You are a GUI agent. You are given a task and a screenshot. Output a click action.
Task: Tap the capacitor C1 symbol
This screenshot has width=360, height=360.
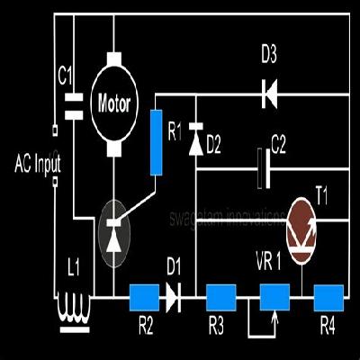73,104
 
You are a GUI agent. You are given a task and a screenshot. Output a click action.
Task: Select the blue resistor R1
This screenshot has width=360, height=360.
157,141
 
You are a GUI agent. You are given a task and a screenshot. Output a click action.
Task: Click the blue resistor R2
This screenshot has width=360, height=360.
144,295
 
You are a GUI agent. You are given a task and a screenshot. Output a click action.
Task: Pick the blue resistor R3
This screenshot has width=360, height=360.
220,295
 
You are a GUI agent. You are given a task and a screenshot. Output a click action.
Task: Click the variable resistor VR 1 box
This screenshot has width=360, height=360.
274,295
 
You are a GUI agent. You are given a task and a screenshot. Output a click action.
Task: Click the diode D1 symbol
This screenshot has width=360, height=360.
174,295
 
